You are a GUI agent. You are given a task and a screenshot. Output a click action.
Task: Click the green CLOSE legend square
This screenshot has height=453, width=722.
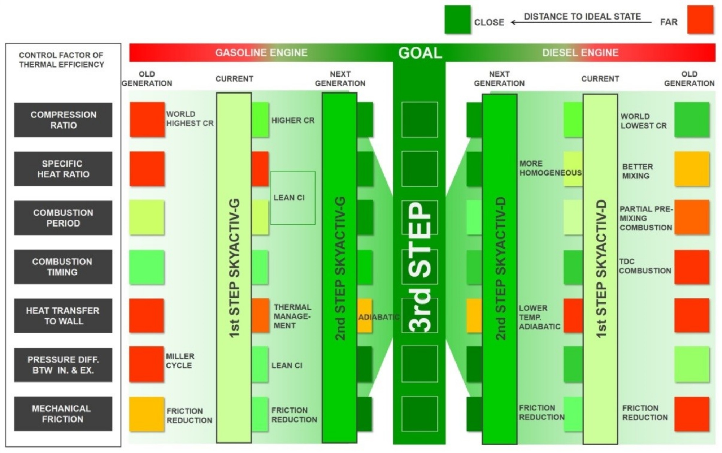(457, 20)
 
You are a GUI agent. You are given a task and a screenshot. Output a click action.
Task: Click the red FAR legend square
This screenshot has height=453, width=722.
(700, 20)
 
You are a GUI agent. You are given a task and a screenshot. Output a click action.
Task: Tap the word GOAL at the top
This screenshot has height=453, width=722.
(420, 53)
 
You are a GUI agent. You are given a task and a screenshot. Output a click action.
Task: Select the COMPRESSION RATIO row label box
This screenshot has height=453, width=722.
(63, 120)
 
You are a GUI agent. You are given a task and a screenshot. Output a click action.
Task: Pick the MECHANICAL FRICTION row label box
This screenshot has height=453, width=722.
(63, 414)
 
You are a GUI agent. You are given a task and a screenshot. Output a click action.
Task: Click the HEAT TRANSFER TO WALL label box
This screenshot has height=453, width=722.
(63, 316)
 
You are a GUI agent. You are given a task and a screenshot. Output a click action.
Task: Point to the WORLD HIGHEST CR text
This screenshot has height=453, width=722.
(190, 118)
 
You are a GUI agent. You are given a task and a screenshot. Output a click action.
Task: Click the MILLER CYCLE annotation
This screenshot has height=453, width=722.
(180, 361)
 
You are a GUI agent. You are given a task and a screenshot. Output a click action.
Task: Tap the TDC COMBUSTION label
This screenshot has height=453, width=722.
(645, 266)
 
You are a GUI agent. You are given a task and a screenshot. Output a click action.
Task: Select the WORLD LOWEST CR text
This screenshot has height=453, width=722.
(644, 121)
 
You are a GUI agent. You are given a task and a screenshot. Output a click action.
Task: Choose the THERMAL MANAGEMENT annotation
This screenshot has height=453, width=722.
(292, 316)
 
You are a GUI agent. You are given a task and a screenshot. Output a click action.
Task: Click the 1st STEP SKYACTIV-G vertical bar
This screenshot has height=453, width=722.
(234, 268)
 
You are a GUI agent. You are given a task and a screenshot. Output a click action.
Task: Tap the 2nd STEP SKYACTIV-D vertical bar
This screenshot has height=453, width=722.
(500, 269)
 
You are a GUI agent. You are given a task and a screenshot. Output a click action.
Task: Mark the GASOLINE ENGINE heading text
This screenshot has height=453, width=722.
(261, 53)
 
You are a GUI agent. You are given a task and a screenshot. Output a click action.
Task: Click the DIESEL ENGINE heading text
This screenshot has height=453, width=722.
(580, 53)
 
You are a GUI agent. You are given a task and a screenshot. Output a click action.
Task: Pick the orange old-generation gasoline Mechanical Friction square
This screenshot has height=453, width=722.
(147, 414)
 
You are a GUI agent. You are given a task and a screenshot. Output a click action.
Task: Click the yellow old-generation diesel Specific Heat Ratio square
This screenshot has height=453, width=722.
(692, 169)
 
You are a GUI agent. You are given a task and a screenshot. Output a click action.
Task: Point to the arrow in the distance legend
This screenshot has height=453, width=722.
(581, 22)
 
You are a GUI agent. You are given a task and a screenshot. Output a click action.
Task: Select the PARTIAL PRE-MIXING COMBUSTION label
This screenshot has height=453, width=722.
(646, 218)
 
